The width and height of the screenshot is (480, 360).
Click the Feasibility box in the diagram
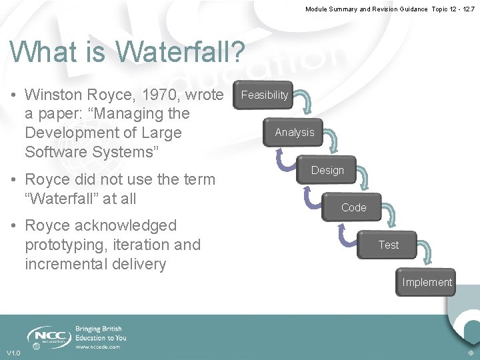coord(265,95)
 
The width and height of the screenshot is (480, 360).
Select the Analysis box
coord(294,132)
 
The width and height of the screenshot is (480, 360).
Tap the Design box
coord(327,171)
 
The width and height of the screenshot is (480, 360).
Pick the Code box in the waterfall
coord(353,207)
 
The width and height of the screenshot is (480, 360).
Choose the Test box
coord(388,245)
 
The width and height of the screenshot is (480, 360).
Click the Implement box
coord(427,282)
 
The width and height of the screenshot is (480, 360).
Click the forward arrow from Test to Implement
coord(431,255)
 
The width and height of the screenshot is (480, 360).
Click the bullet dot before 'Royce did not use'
coord(14,180)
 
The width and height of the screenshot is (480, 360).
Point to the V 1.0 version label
coord(14,353)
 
